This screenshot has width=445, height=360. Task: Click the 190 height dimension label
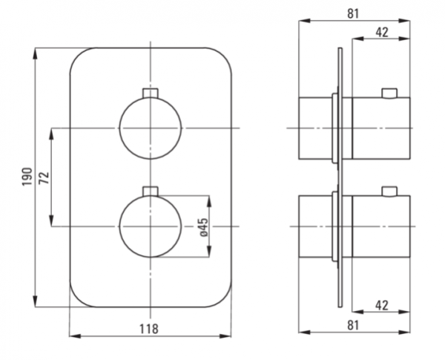(x=27, y=177)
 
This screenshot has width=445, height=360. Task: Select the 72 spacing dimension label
(x=44, y=178)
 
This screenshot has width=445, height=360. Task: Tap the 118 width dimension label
(x=149, y=329)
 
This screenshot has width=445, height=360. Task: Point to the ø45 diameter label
(x=203, y=227)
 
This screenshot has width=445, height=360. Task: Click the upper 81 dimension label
(x=353, y=13)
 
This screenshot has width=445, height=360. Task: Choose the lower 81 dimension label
(x=353, y=325)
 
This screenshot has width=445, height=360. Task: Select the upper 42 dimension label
(x=382, y=33)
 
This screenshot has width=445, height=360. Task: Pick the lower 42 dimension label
(x=382, y=306)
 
